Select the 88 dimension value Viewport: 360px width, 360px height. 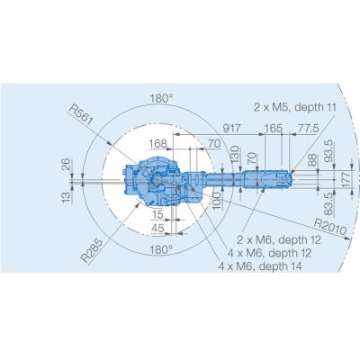click(x=311, y=161)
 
